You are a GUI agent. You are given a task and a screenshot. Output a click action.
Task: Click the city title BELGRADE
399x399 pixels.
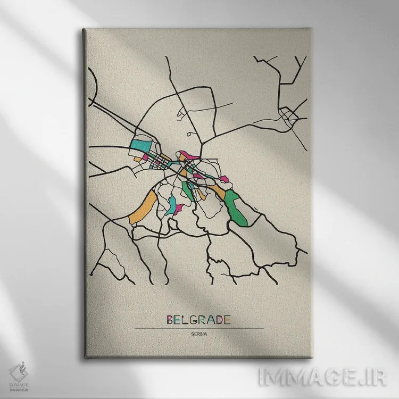pyautogui.click(x=198, y=320)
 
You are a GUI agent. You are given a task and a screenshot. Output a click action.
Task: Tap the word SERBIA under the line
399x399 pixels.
pyautogui.click(x=198, y=334)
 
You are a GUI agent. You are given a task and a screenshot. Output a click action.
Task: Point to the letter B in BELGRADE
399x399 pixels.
pyautogui.click(x=170, y=320)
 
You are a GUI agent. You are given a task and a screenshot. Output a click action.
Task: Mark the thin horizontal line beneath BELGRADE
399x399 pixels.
pyautogui.click(x=198, y=328)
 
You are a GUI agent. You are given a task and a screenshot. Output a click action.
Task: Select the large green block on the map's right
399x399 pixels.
pyautogui.click(x=233, y=205)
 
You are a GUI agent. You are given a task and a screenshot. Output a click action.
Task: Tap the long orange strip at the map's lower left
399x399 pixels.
pyautogui.click(x=143, y=207)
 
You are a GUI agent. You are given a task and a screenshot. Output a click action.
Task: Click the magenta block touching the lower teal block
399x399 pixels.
pyautogui.click(x=179, y=208)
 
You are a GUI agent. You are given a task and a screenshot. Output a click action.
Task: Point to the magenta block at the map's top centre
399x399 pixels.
pyautogui.click(x=189, y=156)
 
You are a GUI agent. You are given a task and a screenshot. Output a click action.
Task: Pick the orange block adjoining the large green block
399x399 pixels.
pyautogui.click(x=218, y=190)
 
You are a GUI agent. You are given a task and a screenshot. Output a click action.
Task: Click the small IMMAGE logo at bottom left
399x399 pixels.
pyautogui.click(x=19, y=373)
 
